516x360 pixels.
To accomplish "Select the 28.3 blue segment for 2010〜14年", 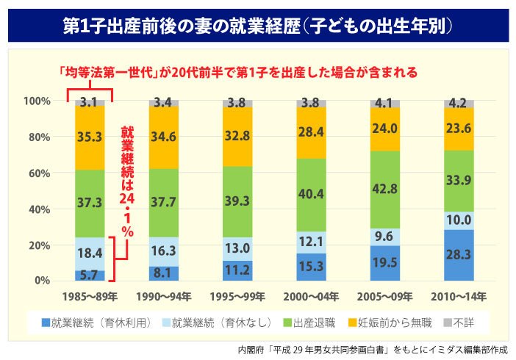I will (459, 255).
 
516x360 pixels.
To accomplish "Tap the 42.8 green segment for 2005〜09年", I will (385, 189).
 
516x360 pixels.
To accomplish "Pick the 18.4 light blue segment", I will (90, 253).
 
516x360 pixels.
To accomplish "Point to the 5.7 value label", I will (90, 276).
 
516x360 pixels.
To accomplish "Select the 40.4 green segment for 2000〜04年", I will (312, 195).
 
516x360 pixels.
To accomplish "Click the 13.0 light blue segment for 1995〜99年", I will (237, 248).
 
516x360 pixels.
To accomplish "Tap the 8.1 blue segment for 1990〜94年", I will (164, 273).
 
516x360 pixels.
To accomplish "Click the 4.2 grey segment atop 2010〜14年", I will (459, 104).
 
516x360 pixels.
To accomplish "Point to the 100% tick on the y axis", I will (36, 100).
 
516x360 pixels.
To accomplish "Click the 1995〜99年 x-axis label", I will (237, 295).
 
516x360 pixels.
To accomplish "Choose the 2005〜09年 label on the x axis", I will (385, 295).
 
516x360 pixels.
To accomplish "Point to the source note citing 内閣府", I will (374, 348).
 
